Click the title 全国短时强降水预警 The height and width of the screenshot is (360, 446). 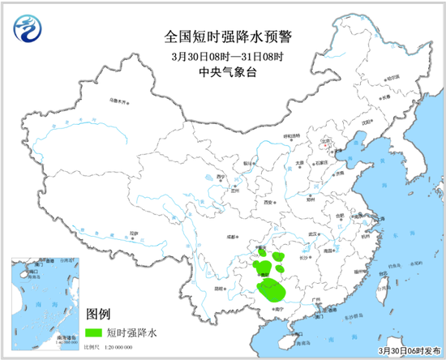(222, 36)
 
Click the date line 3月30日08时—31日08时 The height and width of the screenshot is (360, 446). (222, 55)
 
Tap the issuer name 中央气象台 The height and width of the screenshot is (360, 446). (222, 71)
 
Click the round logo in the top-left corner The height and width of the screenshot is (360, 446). (28, 30)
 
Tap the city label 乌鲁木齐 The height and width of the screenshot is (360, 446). (119, 103)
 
